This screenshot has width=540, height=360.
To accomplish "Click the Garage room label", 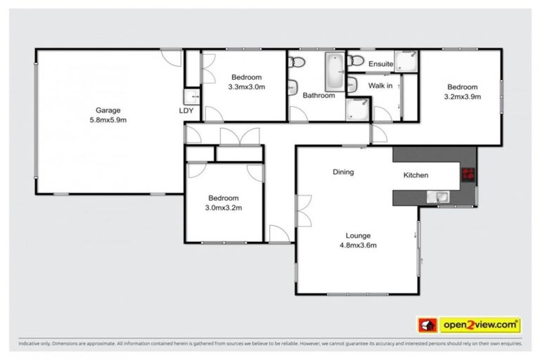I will [x=109, y=110].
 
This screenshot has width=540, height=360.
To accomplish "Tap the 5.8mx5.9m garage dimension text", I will [x=109, y=120].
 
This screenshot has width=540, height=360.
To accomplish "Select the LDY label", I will [x=186, y=110].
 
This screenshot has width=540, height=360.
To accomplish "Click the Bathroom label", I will [x=319, y=96].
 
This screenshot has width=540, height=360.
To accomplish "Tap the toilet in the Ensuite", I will [x=356, y=60].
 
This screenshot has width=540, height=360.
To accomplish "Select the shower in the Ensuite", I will [x=404, y=62].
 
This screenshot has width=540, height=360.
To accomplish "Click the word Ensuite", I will [x=380, y=64].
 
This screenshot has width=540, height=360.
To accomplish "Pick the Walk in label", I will [x=380, y=86].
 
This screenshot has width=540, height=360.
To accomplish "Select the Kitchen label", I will [x=416, y=175].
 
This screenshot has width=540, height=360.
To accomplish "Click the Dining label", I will [x=343, y=172].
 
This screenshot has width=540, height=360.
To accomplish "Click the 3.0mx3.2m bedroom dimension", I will [x=222, y=208].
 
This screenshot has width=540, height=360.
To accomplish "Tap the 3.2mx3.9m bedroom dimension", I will [x=462, y=97].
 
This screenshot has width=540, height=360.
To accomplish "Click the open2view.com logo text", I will [x=480, y=325].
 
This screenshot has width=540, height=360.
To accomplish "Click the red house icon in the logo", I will [x=426, y=325].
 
